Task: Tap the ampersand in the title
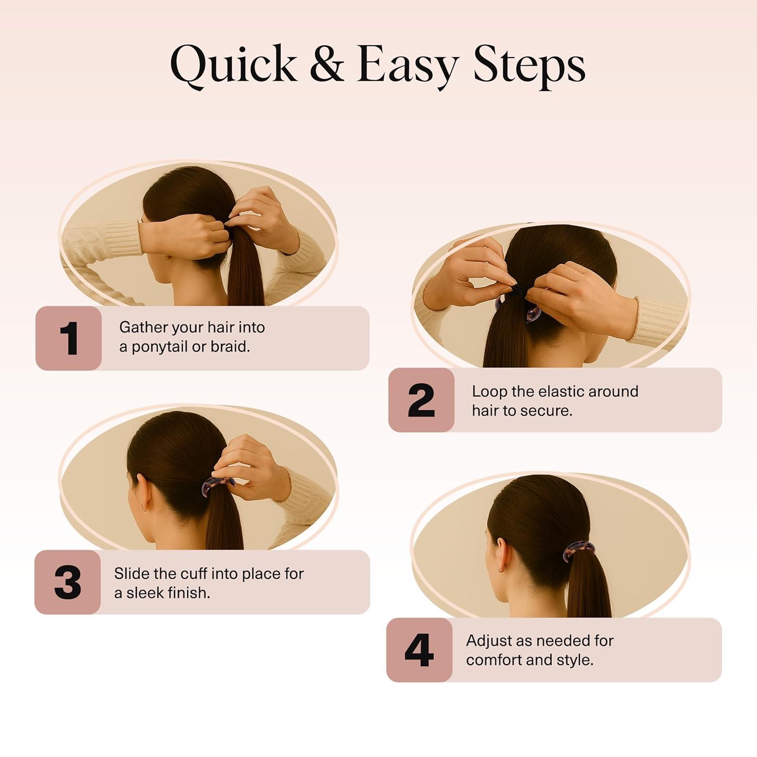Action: pyautogui.click(x=327, y=64)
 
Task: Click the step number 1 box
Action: pyautogui.click(x=69, y=338)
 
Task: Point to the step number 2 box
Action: pyautogui.click(x=421, y=400)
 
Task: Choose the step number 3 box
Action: pyautogui.click(x=68, y=582)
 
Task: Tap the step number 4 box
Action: pyautogui.click(x=419, y=650)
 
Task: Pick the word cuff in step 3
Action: pyautogui.click(x=192, y=573)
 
